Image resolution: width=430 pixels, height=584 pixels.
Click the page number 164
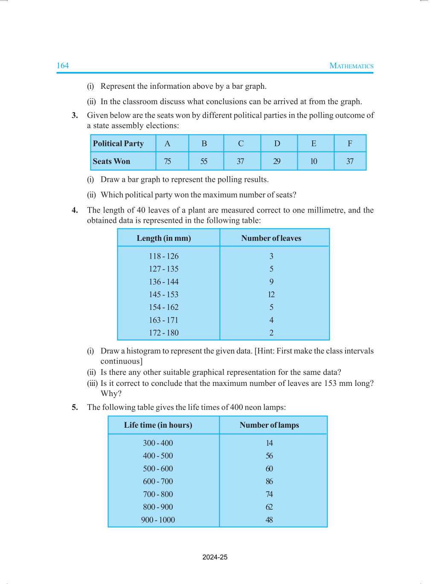(x=63, y=66)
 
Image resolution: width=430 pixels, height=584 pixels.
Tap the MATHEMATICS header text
(x=351, y=66)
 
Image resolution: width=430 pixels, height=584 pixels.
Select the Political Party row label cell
(x=119, y=144)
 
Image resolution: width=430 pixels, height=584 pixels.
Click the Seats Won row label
(x=112, y=161)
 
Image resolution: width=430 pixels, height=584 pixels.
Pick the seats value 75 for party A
(x=168, y=161)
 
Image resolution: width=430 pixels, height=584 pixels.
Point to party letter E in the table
(x=314, y=144)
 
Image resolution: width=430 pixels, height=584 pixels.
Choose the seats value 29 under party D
(x=277, y=161)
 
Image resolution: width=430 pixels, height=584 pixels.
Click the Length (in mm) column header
(x=164, y=238)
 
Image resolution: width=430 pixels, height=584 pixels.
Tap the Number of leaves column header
(x=271, y=238)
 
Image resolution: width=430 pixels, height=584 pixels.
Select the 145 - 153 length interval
(x=164, y=295)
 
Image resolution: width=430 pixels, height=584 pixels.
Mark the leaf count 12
(x=271, y=295)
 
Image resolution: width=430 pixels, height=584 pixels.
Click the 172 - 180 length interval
(x=164, y=333)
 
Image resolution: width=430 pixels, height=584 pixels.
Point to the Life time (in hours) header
(x=158, y=425)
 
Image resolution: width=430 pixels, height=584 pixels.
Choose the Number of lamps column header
(x=269, y=425)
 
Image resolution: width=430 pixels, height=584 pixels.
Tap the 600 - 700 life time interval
(x=158, y=482)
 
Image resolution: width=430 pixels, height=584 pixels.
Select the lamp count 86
(x=269, y=482)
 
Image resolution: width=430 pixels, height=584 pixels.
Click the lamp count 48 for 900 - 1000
(x=269, y=520)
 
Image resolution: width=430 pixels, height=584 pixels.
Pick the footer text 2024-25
(x=215, y=557)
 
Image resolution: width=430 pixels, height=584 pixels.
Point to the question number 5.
(x=75, y=407)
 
